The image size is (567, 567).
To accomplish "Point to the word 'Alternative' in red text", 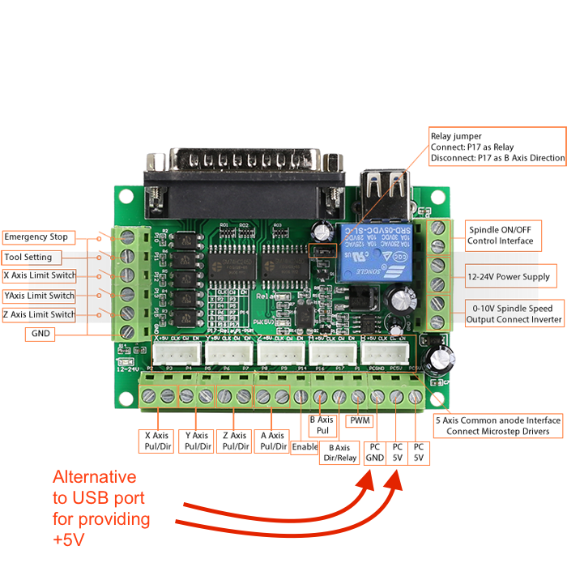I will point(95,476).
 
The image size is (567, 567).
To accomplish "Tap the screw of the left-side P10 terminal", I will point(127,237).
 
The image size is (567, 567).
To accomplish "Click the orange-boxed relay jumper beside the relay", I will point(322,252).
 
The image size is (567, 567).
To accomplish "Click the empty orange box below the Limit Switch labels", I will point(40,334).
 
